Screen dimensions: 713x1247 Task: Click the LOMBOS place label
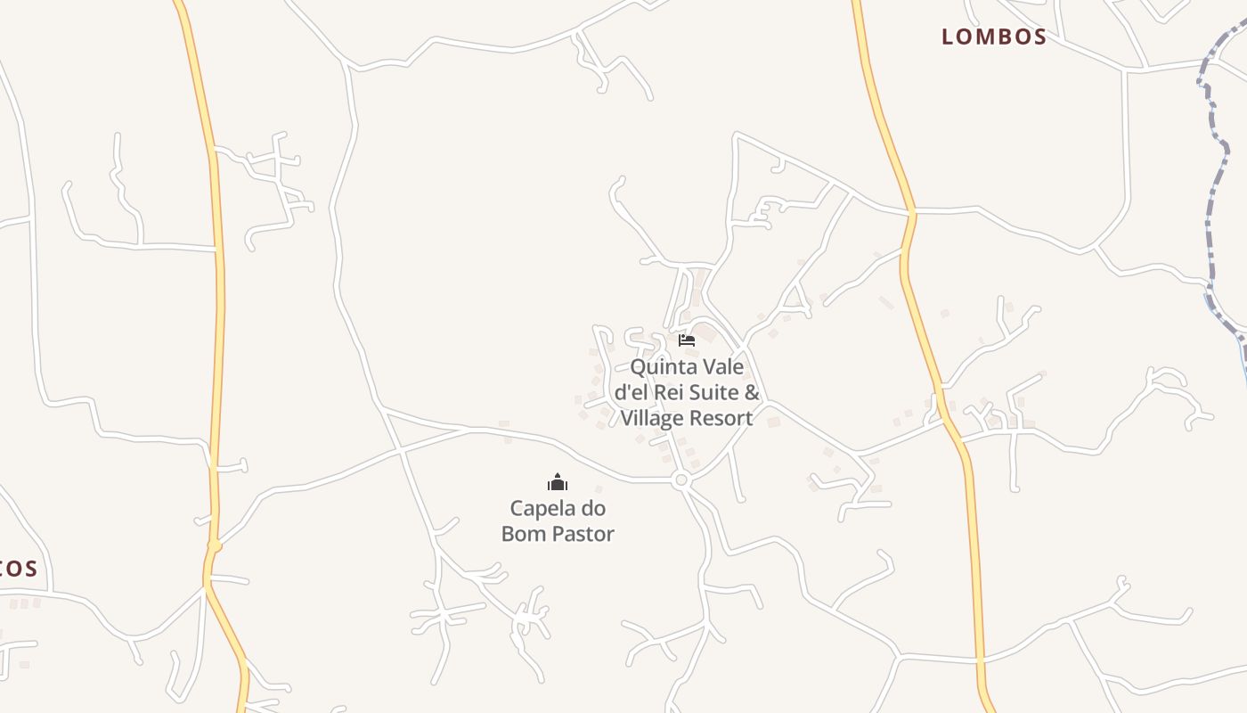pyautogui.click(x=994, y=37)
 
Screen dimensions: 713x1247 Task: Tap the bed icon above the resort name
pyautogui.click(x=686, y=340)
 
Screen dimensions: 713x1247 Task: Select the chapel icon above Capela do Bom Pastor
pyautogui.click(x=558, y=483)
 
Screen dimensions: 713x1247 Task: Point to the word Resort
pyautogui.click(x=721, y=417)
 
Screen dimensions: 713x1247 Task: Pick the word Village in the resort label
pyautogui.click(x=652, y=417)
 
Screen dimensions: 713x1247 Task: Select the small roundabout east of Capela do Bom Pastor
pyautogui.click(x=681, y=480)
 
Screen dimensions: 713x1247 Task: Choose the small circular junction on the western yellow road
pyautogui.click(x=214, y=545)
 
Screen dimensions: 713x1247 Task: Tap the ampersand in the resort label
pyautogui.click(x=752, y=392)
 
